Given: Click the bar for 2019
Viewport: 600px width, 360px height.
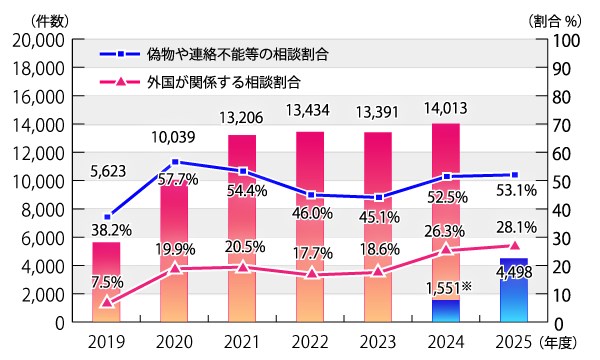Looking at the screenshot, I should point(107,283).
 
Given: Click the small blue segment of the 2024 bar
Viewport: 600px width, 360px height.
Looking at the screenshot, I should point(446,311).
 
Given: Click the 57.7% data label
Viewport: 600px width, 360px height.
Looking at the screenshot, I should point(176,178).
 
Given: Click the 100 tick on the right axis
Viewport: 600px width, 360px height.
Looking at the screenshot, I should point(562,40).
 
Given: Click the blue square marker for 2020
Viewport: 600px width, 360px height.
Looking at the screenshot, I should point(176,161).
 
